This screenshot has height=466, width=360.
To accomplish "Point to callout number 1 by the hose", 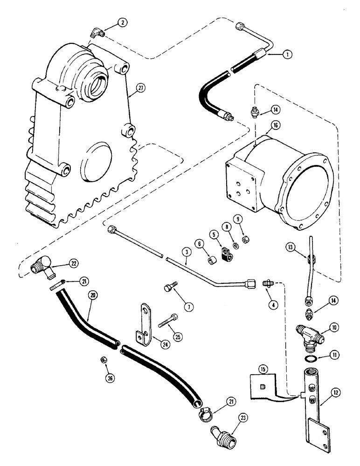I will pos(287,55).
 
